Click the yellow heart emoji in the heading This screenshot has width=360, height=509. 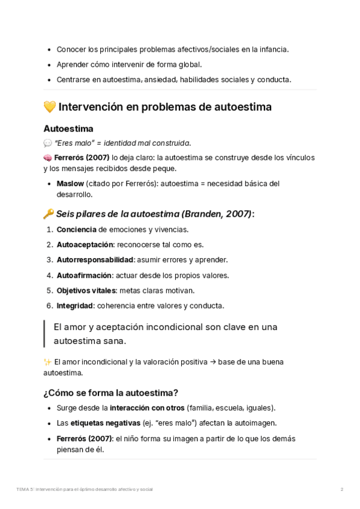(50, 107)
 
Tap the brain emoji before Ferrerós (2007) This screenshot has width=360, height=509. (48, 158)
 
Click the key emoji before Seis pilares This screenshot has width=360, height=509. (49, 214)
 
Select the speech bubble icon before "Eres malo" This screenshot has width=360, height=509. (48, 143)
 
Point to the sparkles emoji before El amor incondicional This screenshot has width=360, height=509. (47, 362)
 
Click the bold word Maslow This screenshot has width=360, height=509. (70, 184)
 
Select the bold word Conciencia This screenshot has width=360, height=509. (76, 229)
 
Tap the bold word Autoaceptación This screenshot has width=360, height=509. (85, 244)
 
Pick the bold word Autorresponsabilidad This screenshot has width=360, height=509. (95, 260)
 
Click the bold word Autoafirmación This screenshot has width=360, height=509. (84, 276)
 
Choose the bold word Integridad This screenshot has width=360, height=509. (74, 306)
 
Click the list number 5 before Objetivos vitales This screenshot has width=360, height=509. (49, 291)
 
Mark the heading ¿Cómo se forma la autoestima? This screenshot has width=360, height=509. (110, 393)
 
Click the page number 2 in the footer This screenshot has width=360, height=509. (342, 489)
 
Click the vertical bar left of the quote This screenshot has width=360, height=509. (44, 334)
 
